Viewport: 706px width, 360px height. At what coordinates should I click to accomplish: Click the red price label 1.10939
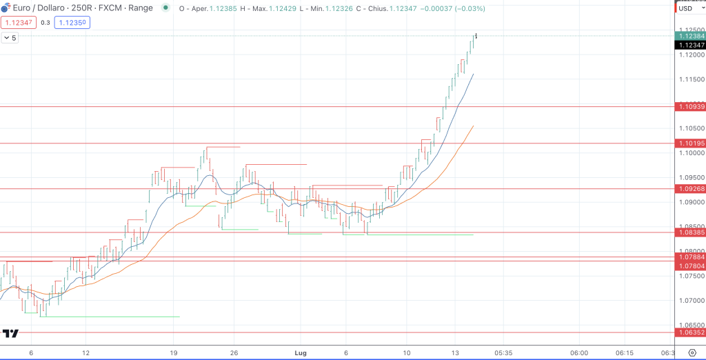pos(690,107)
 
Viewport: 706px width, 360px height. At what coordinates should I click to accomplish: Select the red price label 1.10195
pos(690,143)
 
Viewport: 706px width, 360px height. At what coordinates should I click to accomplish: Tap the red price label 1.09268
pos(690,189)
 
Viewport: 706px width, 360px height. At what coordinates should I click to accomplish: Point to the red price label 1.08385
pos(690,232)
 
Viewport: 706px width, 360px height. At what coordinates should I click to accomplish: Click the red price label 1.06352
pos(690,332)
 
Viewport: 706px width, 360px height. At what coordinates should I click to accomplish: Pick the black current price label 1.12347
pos(690,45)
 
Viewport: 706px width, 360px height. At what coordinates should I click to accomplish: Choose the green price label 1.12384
pos(690,36)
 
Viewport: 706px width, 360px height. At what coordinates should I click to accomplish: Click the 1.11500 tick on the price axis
pos(690,79)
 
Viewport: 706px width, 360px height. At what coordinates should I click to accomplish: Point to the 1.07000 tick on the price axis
pos(690,301)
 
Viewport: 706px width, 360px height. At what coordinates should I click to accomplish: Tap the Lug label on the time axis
pos(301,352)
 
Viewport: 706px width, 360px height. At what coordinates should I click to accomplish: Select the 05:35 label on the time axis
pos(503,352)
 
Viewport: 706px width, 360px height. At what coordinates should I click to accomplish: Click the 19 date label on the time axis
pos(174,352)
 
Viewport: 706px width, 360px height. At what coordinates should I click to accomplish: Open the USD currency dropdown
pos(689,8)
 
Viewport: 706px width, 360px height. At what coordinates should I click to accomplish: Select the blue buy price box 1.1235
pos(73,22)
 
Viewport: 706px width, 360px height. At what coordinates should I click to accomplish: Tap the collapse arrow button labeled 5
pos(10,38)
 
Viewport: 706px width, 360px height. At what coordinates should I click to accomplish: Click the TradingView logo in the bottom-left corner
pos(10,334)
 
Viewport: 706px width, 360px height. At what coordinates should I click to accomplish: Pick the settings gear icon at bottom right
pos(692,352)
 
